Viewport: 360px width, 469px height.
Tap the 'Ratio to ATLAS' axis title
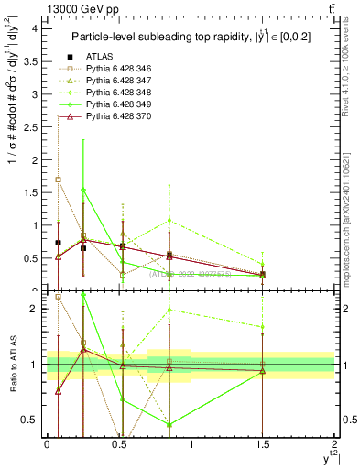coord(12,366)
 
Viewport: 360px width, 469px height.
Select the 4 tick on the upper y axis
coord(35,28)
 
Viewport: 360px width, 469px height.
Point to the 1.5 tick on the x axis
coord(263,443)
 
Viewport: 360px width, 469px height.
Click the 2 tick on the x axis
coord(334,443)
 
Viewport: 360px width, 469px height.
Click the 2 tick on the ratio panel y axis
coord(35,309)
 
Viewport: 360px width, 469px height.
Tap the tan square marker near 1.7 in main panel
coord(59,180)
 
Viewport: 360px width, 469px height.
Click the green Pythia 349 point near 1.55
coord(83,190)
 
